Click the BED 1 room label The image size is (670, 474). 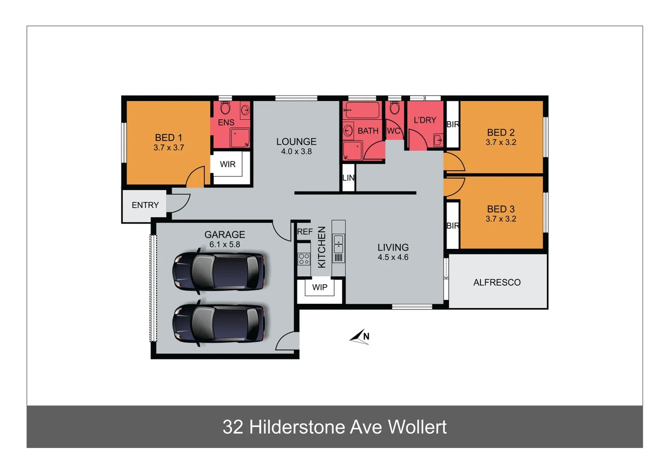168,137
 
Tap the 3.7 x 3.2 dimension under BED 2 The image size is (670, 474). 501,142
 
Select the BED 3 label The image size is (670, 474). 501,209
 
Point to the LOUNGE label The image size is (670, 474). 296,141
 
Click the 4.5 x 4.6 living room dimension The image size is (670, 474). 393,257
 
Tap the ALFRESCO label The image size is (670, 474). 497,282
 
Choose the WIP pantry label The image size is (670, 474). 320,287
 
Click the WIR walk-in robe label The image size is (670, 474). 227,164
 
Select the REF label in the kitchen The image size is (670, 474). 305,231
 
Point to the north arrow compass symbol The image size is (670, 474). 360,337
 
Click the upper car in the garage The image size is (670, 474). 219,271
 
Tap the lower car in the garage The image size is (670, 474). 219,323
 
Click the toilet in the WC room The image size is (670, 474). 394,108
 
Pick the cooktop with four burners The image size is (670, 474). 304,259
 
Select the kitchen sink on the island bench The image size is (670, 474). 339,244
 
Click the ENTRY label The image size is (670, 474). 145,205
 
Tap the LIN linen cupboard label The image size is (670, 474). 348,178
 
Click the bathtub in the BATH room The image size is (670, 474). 361,110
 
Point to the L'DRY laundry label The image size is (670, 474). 425,120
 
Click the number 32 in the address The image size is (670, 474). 232,427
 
